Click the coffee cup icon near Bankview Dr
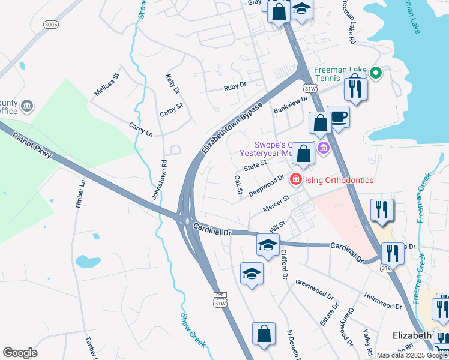338,116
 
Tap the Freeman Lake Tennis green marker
376,74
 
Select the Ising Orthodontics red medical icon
295,179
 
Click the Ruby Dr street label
235,86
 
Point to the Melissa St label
107,85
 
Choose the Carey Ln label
141,128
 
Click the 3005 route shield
52,24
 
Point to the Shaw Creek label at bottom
193,330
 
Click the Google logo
20,353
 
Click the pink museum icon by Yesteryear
324,148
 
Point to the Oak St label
238,185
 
